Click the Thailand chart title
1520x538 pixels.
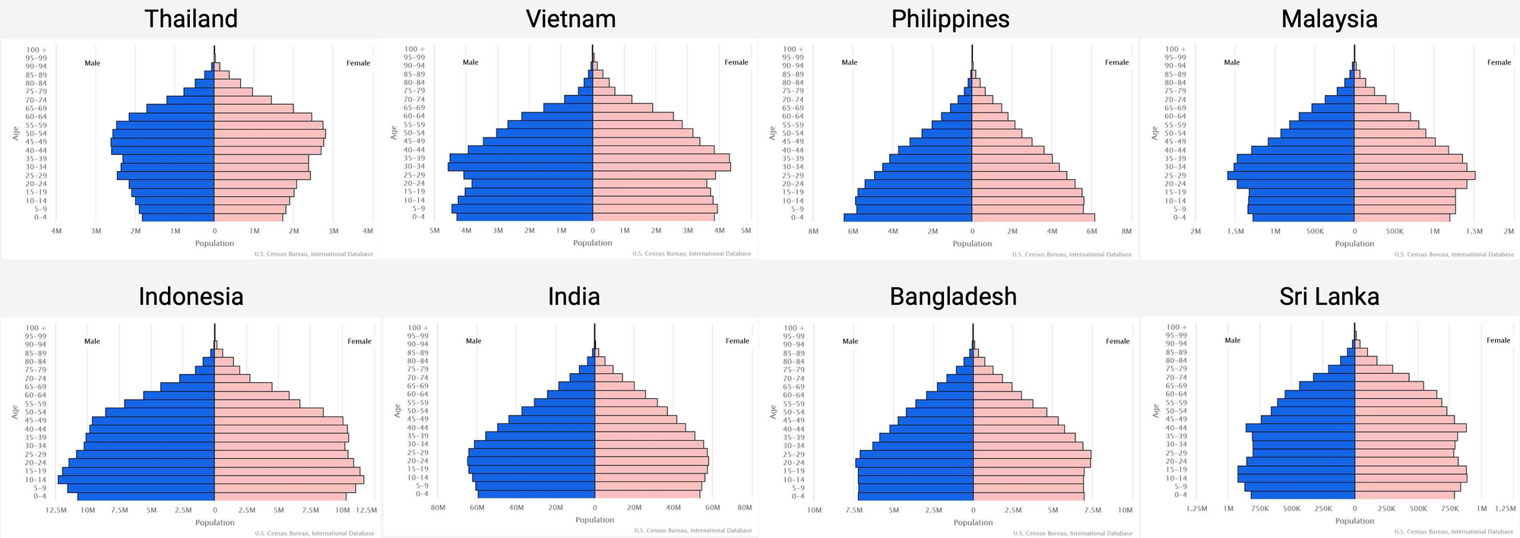point(191,19)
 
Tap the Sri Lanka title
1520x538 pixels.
point(1329,296)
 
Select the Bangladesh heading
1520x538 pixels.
point(953,296)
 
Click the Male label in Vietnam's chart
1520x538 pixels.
point(470,62)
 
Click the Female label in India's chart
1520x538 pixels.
point(737,341)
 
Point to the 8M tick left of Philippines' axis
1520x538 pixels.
point(813,231)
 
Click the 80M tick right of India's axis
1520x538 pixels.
point(745,508)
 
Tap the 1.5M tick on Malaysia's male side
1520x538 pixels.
point(1235,231)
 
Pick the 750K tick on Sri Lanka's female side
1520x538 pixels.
point(1450,508)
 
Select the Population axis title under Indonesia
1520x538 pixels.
point(215,522)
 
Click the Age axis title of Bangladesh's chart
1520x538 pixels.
point(773,412)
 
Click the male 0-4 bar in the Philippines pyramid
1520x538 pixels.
point(908,217)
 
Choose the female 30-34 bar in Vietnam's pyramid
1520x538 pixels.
point(661,166)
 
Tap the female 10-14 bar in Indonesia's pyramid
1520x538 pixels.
point(289,479)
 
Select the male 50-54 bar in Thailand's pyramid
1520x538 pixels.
point(163,133)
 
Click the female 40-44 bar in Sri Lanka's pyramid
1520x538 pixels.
point(1410,428)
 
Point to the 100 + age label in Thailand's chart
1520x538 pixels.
point(37,49)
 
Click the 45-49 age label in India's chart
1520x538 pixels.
point(417,419)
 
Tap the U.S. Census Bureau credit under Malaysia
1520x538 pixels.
point(1454,255)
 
